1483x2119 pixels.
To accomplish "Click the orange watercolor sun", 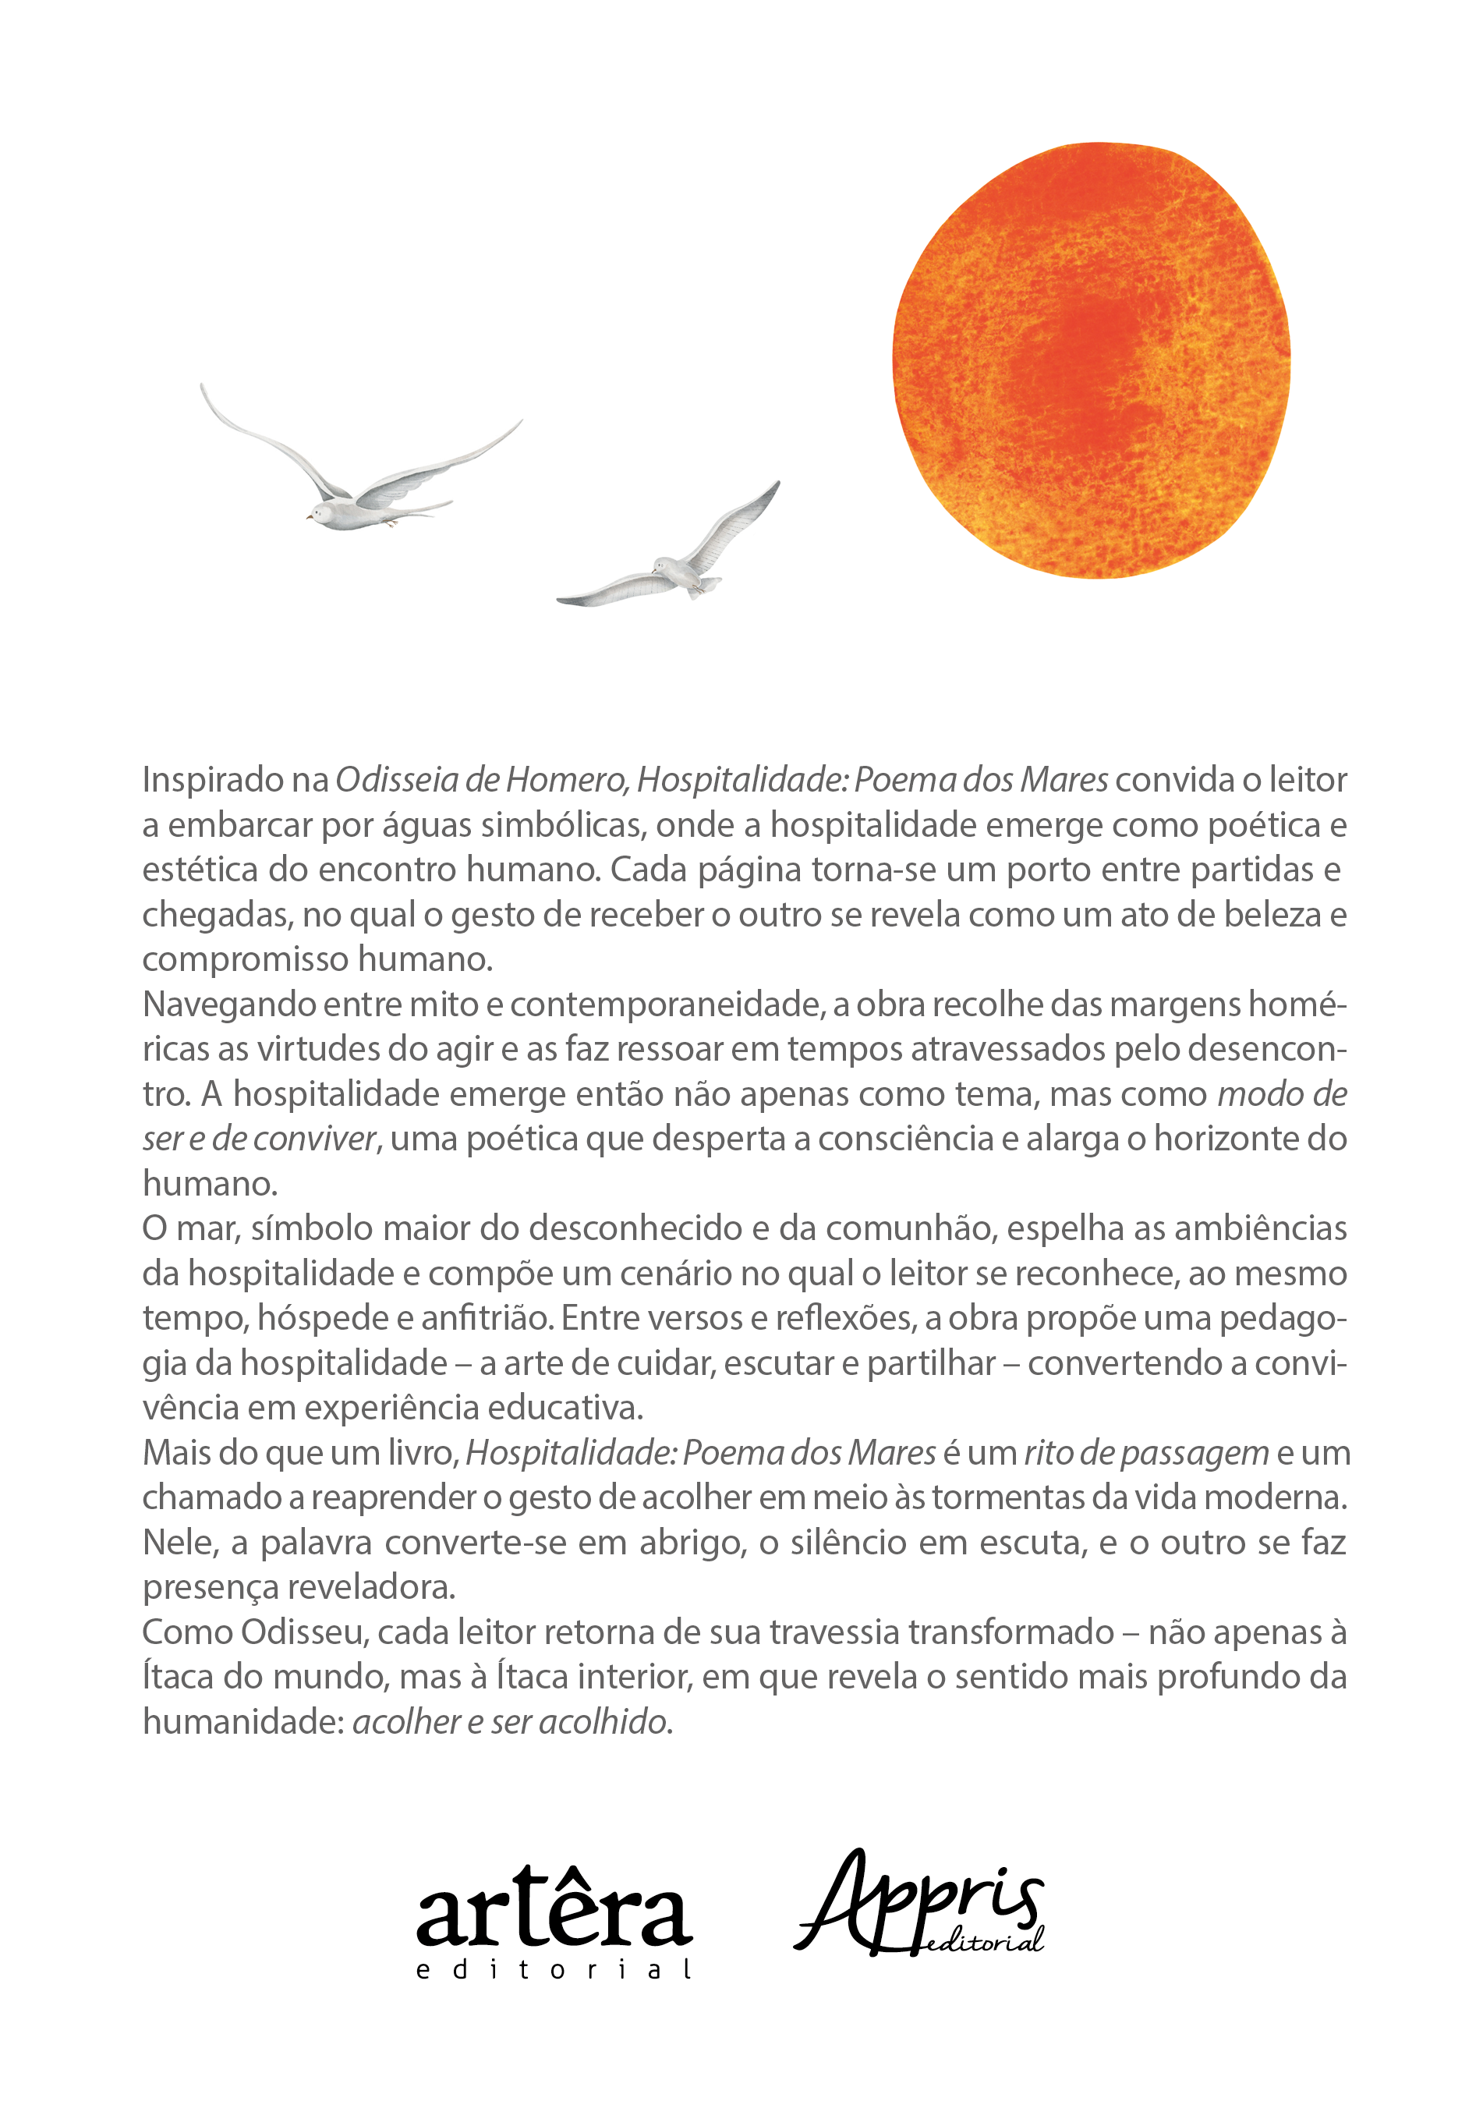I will (x=1091, y=360).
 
